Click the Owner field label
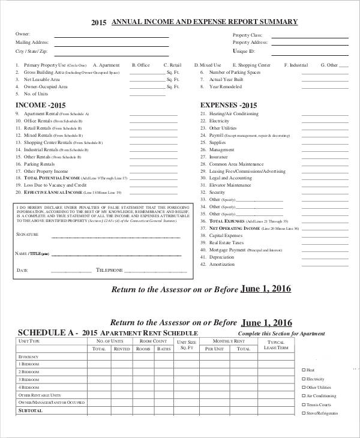coord(23,34)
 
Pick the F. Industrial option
coord(296,65)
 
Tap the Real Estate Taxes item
coord(225,242)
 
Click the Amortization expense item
coord(221,264)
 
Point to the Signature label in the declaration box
coord(28,235)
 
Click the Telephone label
coord(109,271)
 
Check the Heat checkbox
coord(303,370)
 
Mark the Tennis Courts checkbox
coord(303,404)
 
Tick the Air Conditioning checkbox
coord(303,396)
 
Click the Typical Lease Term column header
coord(276,344)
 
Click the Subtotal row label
coord(31,411)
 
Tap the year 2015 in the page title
coord(98,23)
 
